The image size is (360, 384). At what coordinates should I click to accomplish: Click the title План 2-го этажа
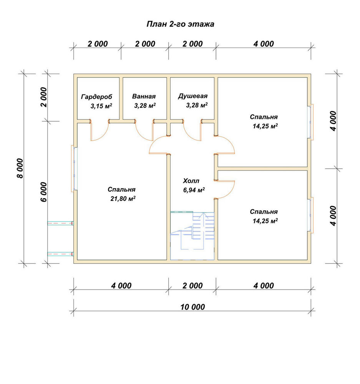tap(180, 24)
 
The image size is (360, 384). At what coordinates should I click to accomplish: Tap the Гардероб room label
tap(96, 97)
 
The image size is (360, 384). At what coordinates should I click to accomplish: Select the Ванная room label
tap(144, 96)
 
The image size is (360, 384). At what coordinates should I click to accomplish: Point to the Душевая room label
tap(192, 96)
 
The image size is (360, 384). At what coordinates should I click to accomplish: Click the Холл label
tap(191, 181)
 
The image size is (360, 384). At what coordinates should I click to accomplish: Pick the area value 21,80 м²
tap(123, 199)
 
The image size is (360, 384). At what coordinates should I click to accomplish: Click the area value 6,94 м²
tap(194, 190)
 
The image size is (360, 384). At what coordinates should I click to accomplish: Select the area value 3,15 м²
tap(101, 106)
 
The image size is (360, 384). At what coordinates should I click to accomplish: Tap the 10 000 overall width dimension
tap(192, 307)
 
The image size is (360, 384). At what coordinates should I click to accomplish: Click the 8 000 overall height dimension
tap(20, 169)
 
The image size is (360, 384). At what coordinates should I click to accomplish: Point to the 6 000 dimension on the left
tap(44, 192)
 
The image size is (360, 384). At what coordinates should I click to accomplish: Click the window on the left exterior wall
tap(75, 169)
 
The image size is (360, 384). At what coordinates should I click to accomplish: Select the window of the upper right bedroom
tap(310, 122)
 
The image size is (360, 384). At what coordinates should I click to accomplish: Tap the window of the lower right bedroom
tap(310, 215)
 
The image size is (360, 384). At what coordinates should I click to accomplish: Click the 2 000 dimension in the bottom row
tap(192, 286)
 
